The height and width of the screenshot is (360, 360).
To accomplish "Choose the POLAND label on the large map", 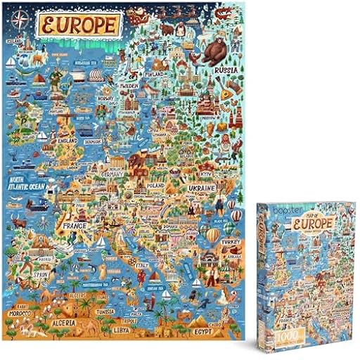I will (157, 185).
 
